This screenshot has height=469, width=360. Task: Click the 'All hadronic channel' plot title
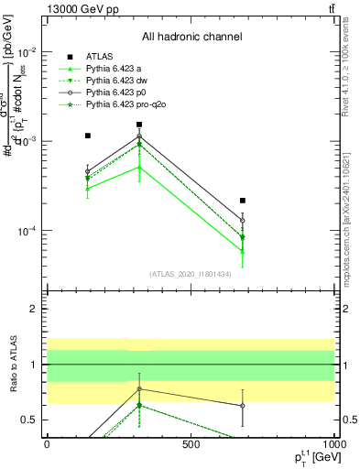click(191, 38)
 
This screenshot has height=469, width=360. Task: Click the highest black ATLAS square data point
click(139, 125)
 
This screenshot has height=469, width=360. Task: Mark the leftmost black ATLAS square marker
click(87, 136)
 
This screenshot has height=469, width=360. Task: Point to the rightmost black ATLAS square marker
click(243, 200)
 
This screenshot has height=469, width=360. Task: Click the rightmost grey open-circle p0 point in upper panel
click(243, 221)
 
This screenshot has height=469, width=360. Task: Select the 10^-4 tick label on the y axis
click(28, 231)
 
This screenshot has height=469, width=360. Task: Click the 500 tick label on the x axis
click(191, 444)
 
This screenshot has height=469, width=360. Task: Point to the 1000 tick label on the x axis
click(332, 444)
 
